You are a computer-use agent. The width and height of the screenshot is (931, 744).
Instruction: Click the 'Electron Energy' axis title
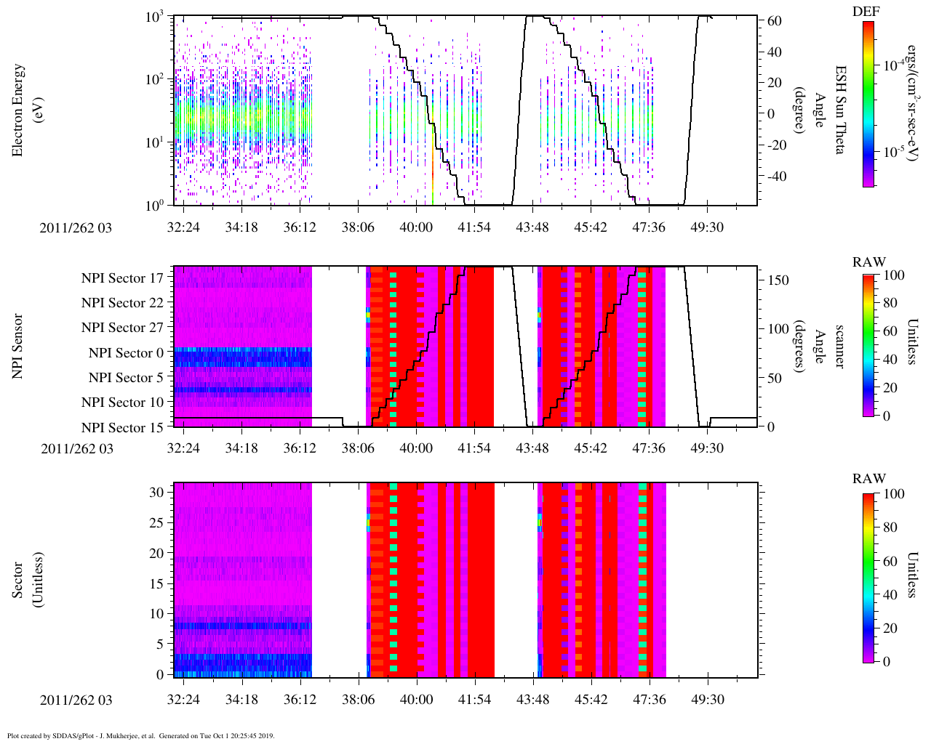[x=19, y=110]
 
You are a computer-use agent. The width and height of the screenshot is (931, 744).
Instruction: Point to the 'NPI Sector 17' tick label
[x=122, y=278]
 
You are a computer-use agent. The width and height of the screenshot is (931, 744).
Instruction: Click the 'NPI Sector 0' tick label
[x=126, y=353]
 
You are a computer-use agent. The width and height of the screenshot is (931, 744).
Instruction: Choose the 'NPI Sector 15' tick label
[x=122, y=427]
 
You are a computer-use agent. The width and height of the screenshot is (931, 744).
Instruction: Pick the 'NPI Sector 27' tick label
[x=122, y=328]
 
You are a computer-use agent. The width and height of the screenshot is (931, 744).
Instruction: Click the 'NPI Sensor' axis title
[x=19, y=346]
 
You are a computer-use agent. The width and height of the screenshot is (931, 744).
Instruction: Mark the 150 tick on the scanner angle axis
[x=778, y=280]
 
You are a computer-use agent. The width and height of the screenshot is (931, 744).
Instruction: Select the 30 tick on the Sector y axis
[x=156, y=492]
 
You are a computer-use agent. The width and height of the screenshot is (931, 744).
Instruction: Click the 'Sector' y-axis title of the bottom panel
[x=19, y=580]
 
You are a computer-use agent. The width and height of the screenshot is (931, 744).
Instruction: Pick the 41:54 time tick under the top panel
[x=474, y=227]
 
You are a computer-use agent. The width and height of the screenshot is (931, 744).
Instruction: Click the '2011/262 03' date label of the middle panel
[x=77, y=448]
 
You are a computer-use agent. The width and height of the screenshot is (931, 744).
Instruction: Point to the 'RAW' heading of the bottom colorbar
[x=869, y=479]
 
